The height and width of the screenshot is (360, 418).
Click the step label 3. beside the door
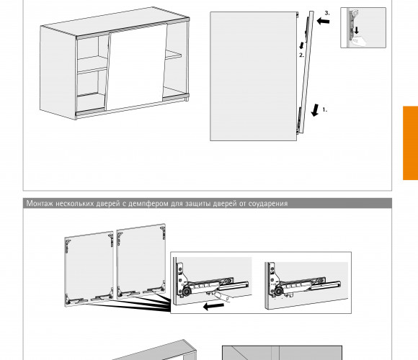[327, 13]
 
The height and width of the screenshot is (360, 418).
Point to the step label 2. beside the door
[301, 55]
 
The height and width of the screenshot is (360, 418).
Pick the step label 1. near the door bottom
[325, 109]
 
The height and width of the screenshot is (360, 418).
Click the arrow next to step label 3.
[323, 21]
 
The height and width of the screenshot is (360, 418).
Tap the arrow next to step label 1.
[315, 109]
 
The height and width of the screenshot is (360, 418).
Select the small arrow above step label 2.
[301, 45]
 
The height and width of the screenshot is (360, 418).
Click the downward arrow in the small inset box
[357, 30]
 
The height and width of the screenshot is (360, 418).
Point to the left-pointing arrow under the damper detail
[213, 306]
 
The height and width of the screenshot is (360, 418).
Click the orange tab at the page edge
[410, 143]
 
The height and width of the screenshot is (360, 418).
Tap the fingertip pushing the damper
[221, 297]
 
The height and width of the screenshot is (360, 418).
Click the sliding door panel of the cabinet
[136, 67]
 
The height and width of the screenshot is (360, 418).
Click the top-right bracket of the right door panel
[163, 233]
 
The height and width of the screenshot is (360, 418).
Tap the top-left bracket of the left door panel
[68, 246]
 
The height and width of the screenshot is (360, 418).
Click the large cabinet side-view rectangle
[253, 76]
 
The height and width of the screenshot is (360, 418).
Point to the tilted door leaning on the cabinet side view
[306, 72]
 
